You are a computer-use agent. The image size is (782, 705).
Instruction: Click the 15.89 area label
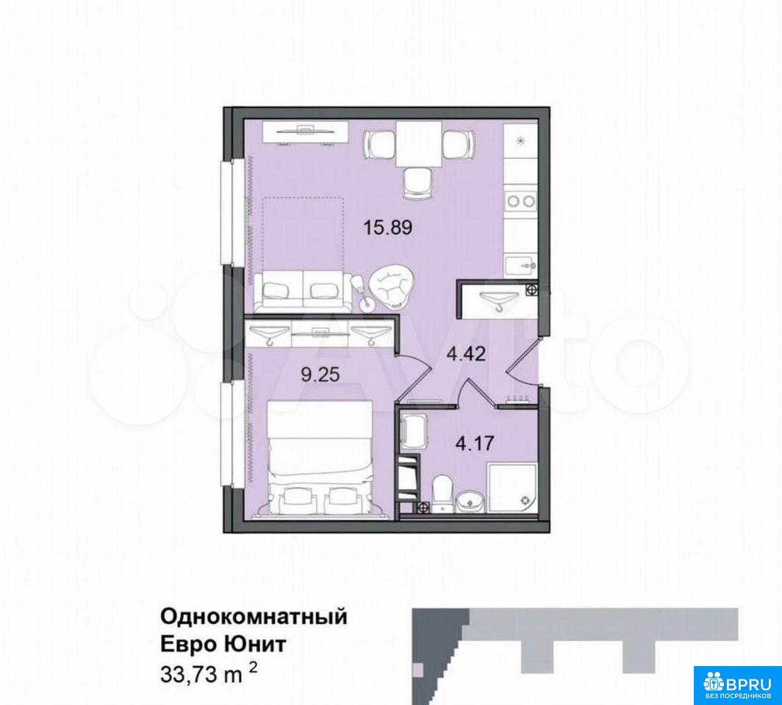pos(387,228)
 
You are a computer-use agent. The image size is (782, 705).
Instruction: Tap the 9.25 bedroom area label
pos(320,375)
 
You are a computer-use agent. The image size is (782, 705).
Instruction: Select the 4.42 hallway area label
pos(466,354)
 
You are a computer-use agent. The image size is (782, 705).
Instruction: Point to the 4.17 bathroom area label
pos(475,442)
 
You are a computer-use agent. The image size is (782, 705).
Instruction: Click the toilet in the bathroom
pos(442,494)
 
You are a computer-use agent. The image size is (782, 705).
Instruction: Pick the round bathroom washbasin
pos(469,500)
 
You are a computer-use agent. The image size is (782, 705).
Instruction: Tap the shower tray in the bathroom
pos(512,488)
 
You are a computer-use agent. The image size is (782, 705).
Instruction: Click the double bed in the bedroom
pos(320,458)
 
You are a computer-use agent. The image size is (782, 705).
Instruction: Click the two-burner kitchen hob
pos(520,201)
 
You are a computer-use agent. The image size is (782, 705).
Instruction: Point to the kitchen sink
pos(520,265)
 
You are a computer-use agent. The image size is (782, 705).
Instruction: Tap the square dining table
pos(418,143)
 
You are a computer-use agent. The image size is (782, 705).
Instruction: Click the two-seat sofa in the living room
pos(303,291)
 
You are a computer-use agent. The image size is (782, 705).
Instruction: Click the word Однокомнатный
pos(254,618)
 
